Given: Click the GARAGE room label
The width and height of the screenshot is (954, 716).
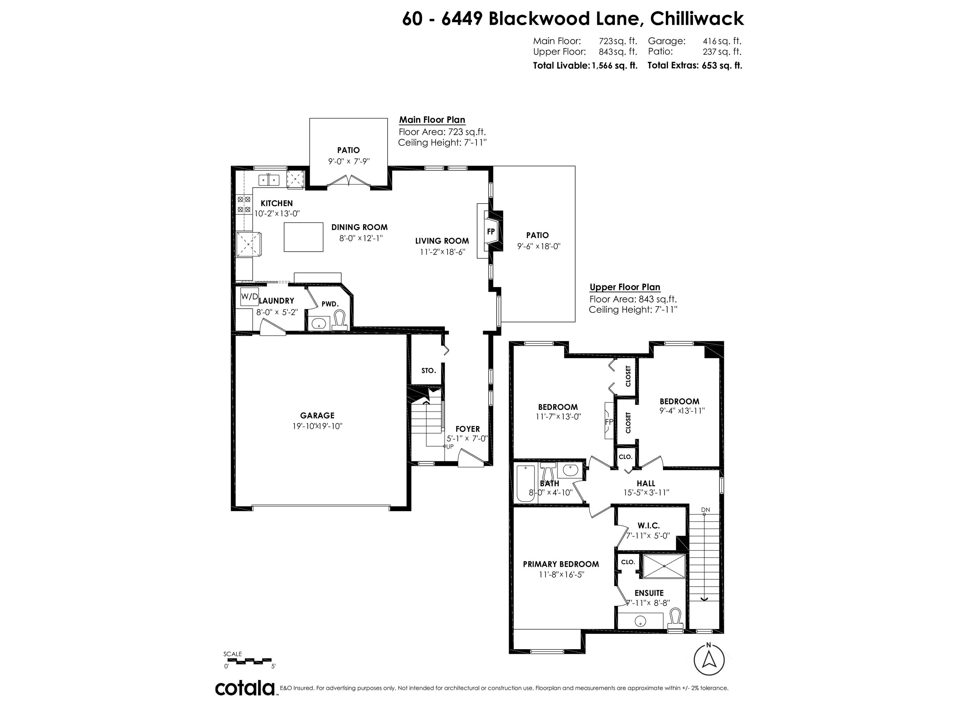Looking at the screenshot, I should click(317, 415).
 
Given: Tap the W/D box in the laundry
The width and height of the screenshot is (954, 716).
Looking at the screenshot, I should click(249, 296).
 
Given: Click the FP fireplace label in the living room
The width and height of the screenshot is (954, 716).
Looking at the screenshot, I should click(491, 232).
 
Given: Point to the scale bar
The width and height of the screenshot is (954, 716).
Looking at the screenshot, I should click(248, 661).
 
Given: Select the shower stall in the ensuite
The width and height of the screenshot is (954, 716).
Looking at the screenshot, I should click(664, 566).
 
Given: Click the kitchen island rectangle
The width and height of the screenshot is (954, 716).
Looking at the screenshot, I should click(303, 237).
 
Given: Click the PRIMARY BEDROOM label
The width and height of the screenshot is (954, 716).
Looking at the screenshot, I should click(561, 564).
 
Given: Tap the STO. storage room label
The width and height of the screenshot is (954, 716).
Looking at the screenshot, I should click(428, 370).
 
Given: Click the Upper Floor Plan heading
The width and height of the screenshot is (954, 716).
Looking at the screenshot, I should click(625, 287).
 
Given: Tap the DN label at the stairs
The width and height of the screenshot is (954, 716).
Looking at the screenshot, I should click(705, 510).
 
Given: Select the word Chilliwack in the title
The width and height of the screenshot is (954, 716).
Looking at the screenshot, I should click(697, 19).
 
